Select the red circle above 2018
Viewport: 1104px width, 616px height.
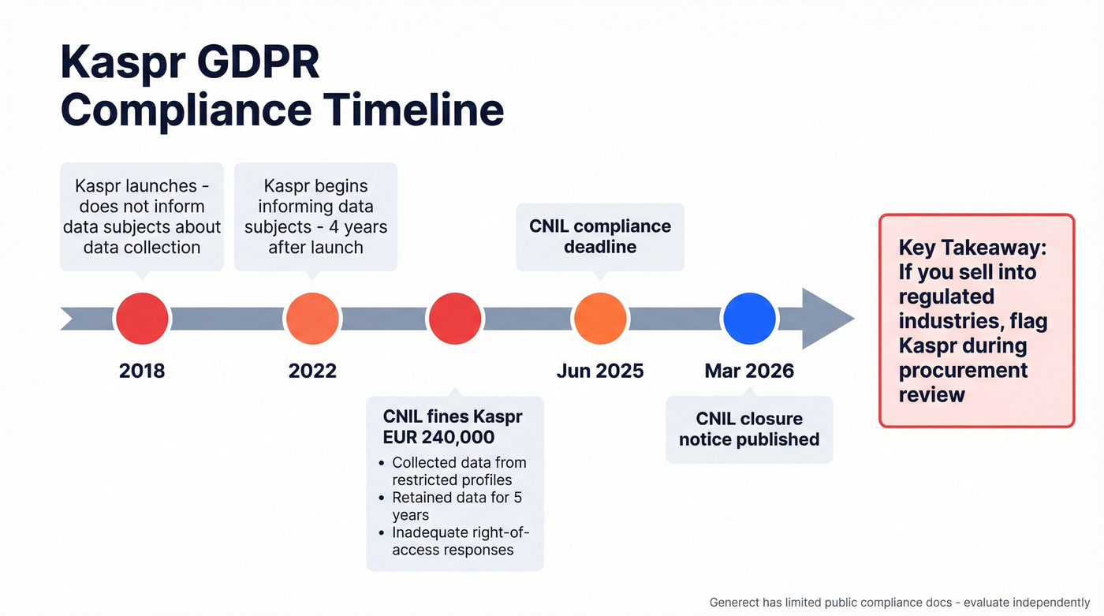pyautogui.click(x=142, y=319)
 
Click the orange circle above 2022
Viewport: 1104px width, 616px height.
pyautogui.click(x=312, y=319)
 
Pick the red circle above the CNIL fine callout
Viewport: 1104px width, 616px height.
pyautogui.click(x=453, y=319)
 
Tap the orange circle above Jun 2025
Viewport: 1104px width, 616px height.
pyautogui.click(x=600, y=319)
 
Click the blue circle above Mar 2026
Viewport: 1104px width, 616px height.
pyautogui.click(x=749, y=319)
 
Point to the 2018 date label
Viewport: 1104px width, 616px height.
pyautogui.click(x=142, y=371)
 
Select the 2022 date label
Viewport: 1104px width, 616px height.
pyautogui.click(x=312, y=371)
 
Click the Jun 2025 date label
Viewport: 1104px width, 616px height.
pyautogui.click(x=600, y=371)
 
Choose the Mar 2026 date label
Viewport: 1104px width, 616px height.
pyautogui.click(x=749, y=371)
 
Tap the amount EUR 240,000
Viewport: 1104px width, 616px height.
pyautogui.click(x=438, y=437)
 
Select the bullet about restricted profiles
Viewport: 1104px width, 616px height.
pyautogui.click(x=457, y=471)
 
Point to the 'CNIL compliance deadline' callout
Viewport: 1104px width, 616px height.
pyautogui.click(x=600, y=237)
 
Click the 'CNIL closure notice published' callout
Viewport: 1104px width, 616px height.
pyautogui.click(x=749, y=429)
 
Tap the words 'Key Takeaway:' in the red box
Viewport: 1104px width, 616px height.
pyautogui.click(x=972, y=248)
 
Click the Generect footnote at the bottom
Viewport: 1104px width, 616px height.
pyautogui.click(x=899, y=602)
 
